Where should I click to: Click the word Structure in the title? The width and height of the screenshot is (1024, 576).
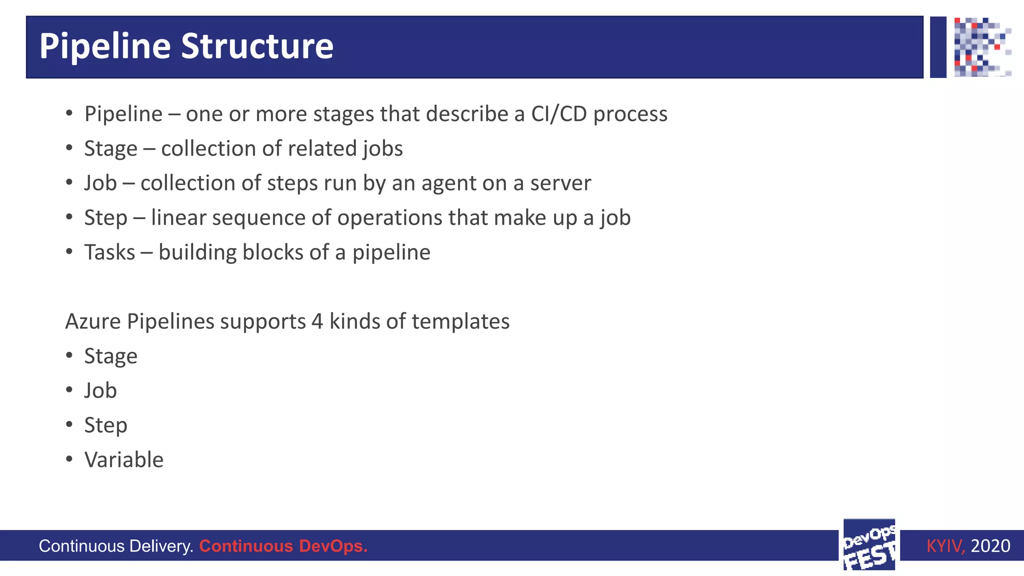tap(257, 46)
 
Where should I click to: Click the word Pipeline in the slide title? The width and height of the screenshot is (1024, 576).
tap(105, 46)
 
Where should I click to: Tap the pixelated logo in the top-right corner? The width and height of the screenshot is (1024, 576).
tap(982, 47)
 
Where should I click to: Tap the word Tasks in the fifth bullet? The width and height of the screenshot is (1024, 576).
tap(109, 252)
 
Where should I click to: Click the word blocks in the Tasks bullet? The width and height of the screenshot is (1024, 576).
tap(272, 252)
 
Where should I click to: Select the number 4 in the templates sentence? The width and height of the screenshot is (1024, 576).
tap(317, 321)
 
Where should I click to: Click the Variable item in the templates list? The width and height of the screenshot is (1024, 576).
tap(124, 460)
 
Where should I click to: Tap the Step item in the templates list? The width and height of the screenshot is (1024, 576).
tap(105, 425)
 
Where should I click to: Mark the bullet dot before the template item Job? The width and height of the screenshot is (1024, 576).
tap(69, 390)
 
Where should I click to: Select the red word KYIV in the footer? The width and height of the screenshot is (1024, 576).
tap(944, 546)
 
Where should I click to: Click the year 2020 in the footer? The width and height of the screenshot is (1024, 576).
tap(990, 546)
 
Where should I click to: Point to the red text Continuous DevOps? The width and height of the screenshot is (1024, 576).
tap(283, 546)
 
